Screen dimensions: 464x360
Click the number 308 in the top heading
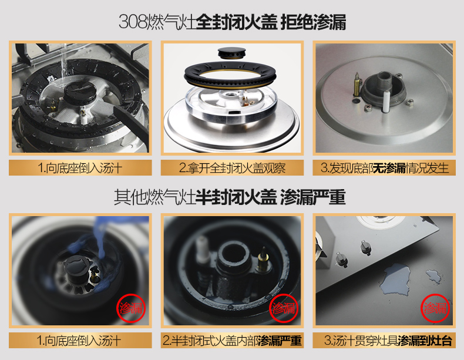pyautogui.click(x=132, y=22)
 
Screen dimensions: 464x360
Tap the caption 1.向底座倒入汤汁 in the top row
pyautogui.click(x=80, y=168)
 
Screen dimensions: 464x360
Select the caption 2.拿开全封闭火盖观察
pyautogui.click(x=233, y=168)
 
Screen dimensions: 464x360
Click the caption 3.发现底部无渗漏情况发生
pyautogui.click(x=384, y=168)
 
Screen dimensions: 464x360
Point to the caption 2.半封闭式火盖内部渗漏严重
pyautogui.click(x=233, y=341)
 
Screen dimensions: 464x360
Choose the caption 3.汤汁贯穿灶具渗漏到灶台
pyautogui.click(x=388, y=341)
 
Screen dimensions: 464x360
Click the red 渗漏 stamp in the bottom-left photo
pyautogui.click(x=131, y=308)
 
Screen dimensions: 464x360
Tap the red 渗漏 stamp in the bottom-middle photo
pyautogui.click(x=283, y=308)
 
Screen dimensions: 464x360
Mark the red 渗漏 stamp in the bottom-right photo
pyautogui.click(x=435, y=308)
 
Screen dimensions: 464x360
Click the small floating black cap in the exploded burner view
pyautogui.click(x=231, y=53)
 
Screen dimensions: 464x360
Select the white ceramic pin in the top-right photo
pyautogui.click(x=386, y=102)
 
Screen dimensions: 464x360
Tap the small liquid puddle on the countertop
pyautogui.click(x=433, y=276)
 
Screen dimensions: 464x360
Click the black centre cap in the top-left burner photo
pyautogui.click(x=80, y=92)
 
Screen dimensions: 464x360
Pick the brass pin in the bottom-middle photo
pyautogui.click(x=263, y=260)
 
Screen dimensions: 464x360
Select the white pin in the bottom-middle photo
pyautogui.click(x=203, y=249)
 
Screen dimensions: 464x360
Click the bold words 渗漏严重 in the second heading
pyautogui.click(x=313, y=197)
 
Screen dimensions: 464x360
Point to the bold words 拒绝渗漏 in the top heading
pyautogui.click(x=313, y=22)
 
